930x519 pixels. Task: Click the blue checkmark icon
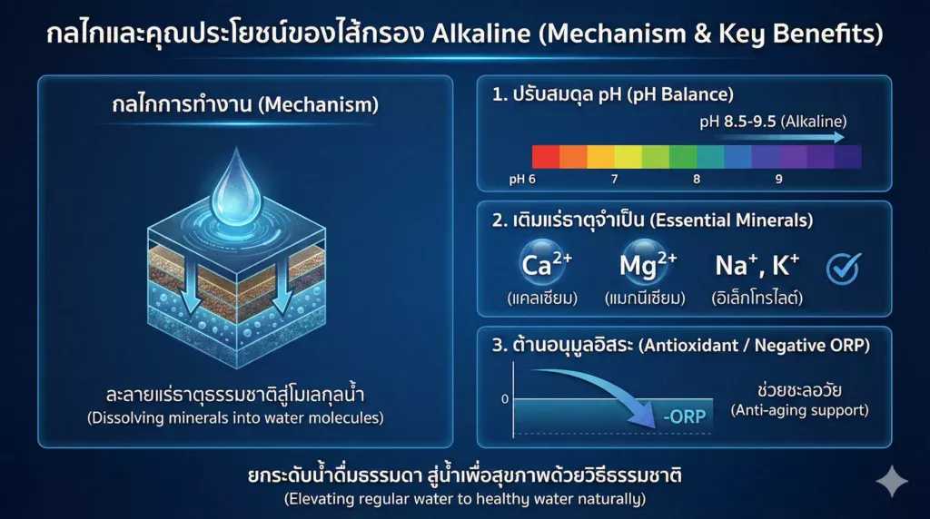tap(843, 267)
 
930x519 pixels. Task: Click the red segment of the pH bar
tap(545, 157)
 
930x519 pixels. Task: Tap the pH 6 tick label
tap(522, 179)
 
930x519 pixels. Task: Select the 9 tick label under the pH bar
tap(778, 179)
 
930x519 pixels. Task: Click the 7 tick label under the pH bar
tap(614, 179)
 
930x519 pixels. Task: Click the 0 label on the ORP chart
tap(505, 398)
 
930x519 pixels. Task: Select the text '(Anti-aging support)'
tap(799, 410)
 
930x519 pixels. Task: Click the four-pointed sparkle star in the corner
tap(891, 482)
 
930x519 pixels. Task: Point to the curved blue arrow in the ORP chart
tap(618, 393)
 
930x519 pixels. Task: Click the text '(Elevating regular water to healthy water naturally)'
tap(464, 499)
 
